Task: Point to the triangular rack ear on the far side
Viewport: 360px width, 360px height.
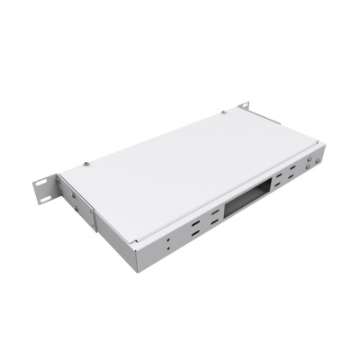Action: point(245,109)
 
